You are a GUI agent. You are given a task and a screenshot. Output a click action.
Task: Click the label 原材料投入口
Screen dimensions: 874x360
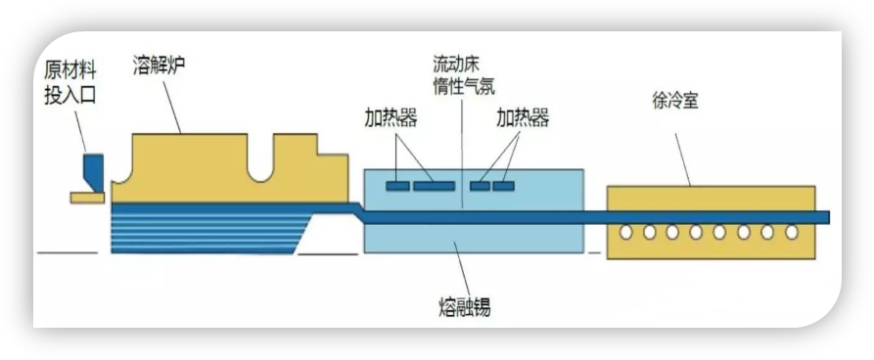(x=70, y=82)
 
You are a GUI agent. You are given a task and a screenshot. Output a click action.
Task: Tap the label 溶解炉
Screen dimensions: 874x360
(x=159, y=65)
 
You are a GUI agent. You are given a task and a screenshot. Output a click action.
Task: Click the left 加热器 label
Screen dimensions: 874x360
(x=391, y=118)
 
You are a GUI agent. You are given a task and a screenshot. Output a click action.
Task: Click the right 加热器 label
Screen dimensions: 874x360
(x=523, y=118)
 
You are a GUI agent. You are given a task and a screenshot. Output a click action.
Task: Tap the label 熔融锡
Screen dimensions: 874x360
(x=464, y=307)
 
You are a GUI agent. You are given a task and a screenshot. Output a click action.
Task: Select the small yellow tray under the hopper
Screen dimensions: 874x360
(x=87, y=198)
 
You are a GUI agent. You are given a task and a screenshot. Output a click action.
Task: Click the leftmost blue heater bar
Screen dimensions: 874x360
(x=397, y=186)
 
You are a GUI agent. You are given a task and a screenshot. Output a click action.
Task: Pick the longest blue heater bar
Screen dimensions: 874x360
(x=434, y=186)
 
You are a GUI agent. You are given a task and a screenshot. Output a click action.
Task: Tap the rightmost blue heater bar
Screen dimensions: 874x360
(x=503, y=186)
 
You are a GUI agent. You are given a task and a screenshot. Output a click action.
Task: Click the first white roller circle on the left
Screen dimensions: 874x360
(x=626, y=233)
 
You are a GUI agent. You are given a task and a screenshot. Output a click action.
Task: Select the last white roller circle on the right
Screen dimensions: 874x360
(x=792, y=233)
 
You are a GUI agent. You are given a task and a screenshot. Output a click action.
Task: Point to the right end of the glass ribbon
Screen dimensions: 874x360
(x=829, y=217)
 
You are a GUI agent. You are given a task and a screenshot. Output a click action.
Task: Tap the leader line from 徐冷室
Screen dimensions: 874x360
(x=683, y=159)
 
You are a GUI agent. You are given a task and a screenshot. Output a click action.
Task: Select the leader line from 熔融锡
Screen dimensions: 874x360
(x=462, y=268)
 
